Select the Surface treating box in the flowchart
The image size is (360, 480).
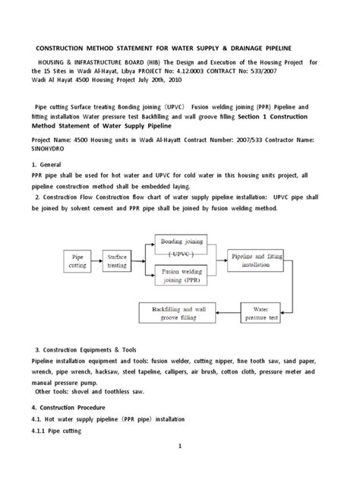tap(118, 262)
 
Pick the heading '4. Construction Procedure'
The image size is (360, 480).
tap(69, 407)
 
